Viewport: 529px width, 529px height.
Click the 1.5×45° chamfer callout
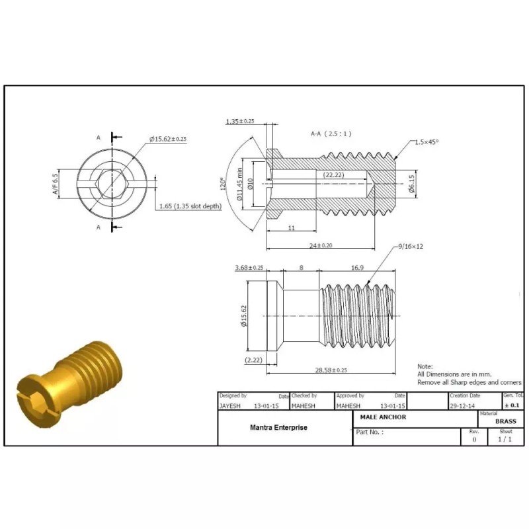[x=427, y=142]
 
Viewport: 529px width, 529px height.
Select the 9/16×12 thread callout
[x=411, y=246]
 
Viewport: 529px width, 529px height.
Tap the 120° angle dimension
[x=223, y=184]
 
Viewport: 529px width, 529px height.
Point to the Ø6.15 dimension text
[x=411, y=184]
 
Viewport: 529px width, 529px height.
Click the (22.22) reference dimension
[x=334, y=175]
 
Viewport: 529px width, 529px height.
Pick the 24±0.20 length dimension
[x=321, y=245]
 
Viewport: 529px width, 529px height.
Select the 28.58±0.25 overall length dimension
[x=331, y=370]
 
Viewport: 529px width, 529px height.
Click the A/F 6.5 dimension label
[x=56, y=184]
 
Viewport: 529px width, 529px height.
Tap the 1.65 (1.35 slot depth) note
[x=190, y=206]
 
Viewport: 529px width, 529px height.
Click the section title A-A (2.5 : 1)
[x=331, y=134]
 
